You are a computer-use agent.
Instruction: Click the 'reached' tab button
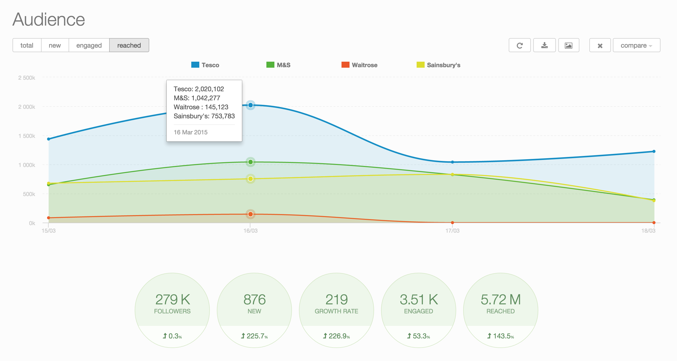point(129,45)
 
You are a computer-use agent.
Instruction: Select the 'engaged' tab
point(89,45)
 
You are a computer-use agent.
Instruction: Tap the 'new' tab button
point(55,45)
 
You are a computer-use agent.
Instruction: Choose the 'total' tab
point(27,45)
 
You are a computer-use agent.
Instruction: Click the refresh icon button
point(519,45)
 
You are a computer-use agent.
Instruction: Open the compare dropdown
point(636,45)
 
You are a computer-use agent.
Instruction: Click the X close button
point(600,45)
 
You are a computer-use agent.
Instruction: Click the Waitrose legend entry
point(359,65)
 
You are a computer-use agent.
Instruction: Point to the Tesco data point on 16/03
point(250,105)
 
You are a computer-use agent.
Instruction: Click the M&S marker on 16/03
point(250,162)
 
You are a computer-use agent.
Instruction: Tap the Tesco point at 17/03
point(452,162)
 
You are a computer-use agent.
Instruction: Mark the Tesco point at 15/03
point(49,139)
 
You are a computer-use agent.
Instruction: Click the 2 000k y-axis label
point(27,107)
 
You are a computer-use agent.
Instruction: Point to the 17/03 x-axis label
point(452,231)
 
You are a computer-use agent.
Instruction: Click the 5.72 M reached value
point(500,299)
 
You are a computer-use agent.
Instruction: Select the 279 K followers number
point(173,299)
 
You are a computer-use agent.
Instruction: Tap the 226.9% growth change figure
point(336,336)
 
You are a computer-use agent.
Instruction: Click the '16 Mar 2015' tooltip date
point(191,132)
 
